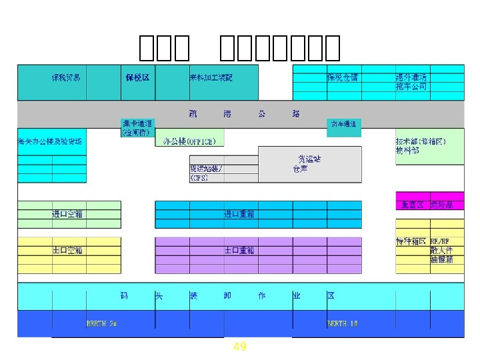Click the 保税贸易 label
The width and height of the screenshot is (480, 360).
pos(66,77)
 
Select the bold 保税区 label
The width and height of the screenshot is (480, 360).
pos(137,77)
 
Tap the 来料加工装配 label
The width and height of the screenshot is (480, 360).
pos(211,77)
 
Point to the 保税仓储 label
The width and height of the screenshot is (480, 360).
pos(342,77)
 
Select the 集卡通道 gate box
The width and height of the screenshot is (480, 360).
pos(137,127)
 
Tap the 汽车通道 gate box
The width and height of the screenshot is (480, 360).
pos(343,124)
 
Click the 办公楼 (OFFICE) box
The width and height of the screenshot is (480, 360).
pos(190,141)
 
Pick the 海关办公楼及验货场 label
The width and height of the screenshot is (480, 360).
pos(50,141)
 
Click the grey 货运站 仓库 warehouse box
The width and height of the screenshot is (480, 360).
pos(309,164)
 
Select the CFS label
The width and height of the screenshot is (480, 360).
pos(199,178)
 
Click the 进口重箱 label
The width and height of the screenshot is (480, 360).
pos(239,214)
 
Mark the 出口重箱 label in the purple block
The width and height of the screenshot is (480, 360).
pos(239,250)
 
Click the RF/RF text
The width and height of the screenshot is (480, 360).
pos(439,241)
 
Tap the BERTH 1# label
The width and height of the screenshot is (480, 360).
pos(342,323)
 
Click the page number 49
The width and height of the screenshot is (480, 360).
pos(240,347)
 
